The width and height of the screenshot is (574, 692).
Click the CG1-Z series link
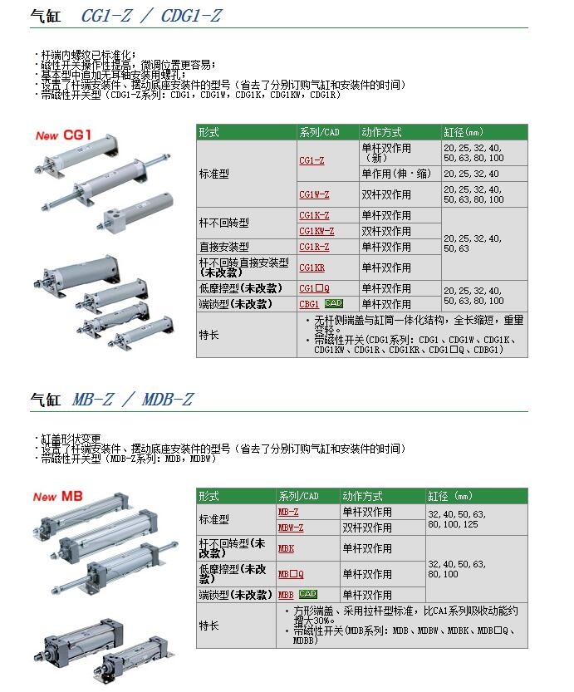click(x=312, y=160)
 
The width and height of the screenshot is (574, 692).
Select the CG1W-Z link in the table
click(x=313, y=194)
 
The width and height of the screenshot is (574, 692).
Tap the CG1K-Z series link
click(x=313, y=215)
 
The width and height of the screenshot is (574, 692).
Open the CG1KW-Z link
click(x=316, y=231)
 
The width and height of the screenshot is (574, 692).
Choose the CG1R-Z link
click(x=313, y=247)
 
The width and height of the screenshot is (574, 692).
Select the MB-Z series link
click(x=287, y=513)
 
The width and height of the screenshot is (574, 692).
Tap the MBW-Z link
click(x=290, y=528)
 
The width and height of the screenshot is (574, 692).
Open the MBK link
click(x=286, y=548)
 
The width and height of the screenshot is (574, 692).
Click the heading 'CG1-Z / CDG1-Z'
click(x=151, y=16)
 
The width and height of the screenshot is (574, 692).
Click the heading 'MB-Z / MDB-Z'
click(x=139, y=399)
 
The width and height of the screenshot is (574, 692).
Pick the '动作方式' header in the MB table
click(x=361, y=496)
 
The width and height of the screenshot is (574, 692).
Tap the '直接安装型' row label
click(x=223, y=247)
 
